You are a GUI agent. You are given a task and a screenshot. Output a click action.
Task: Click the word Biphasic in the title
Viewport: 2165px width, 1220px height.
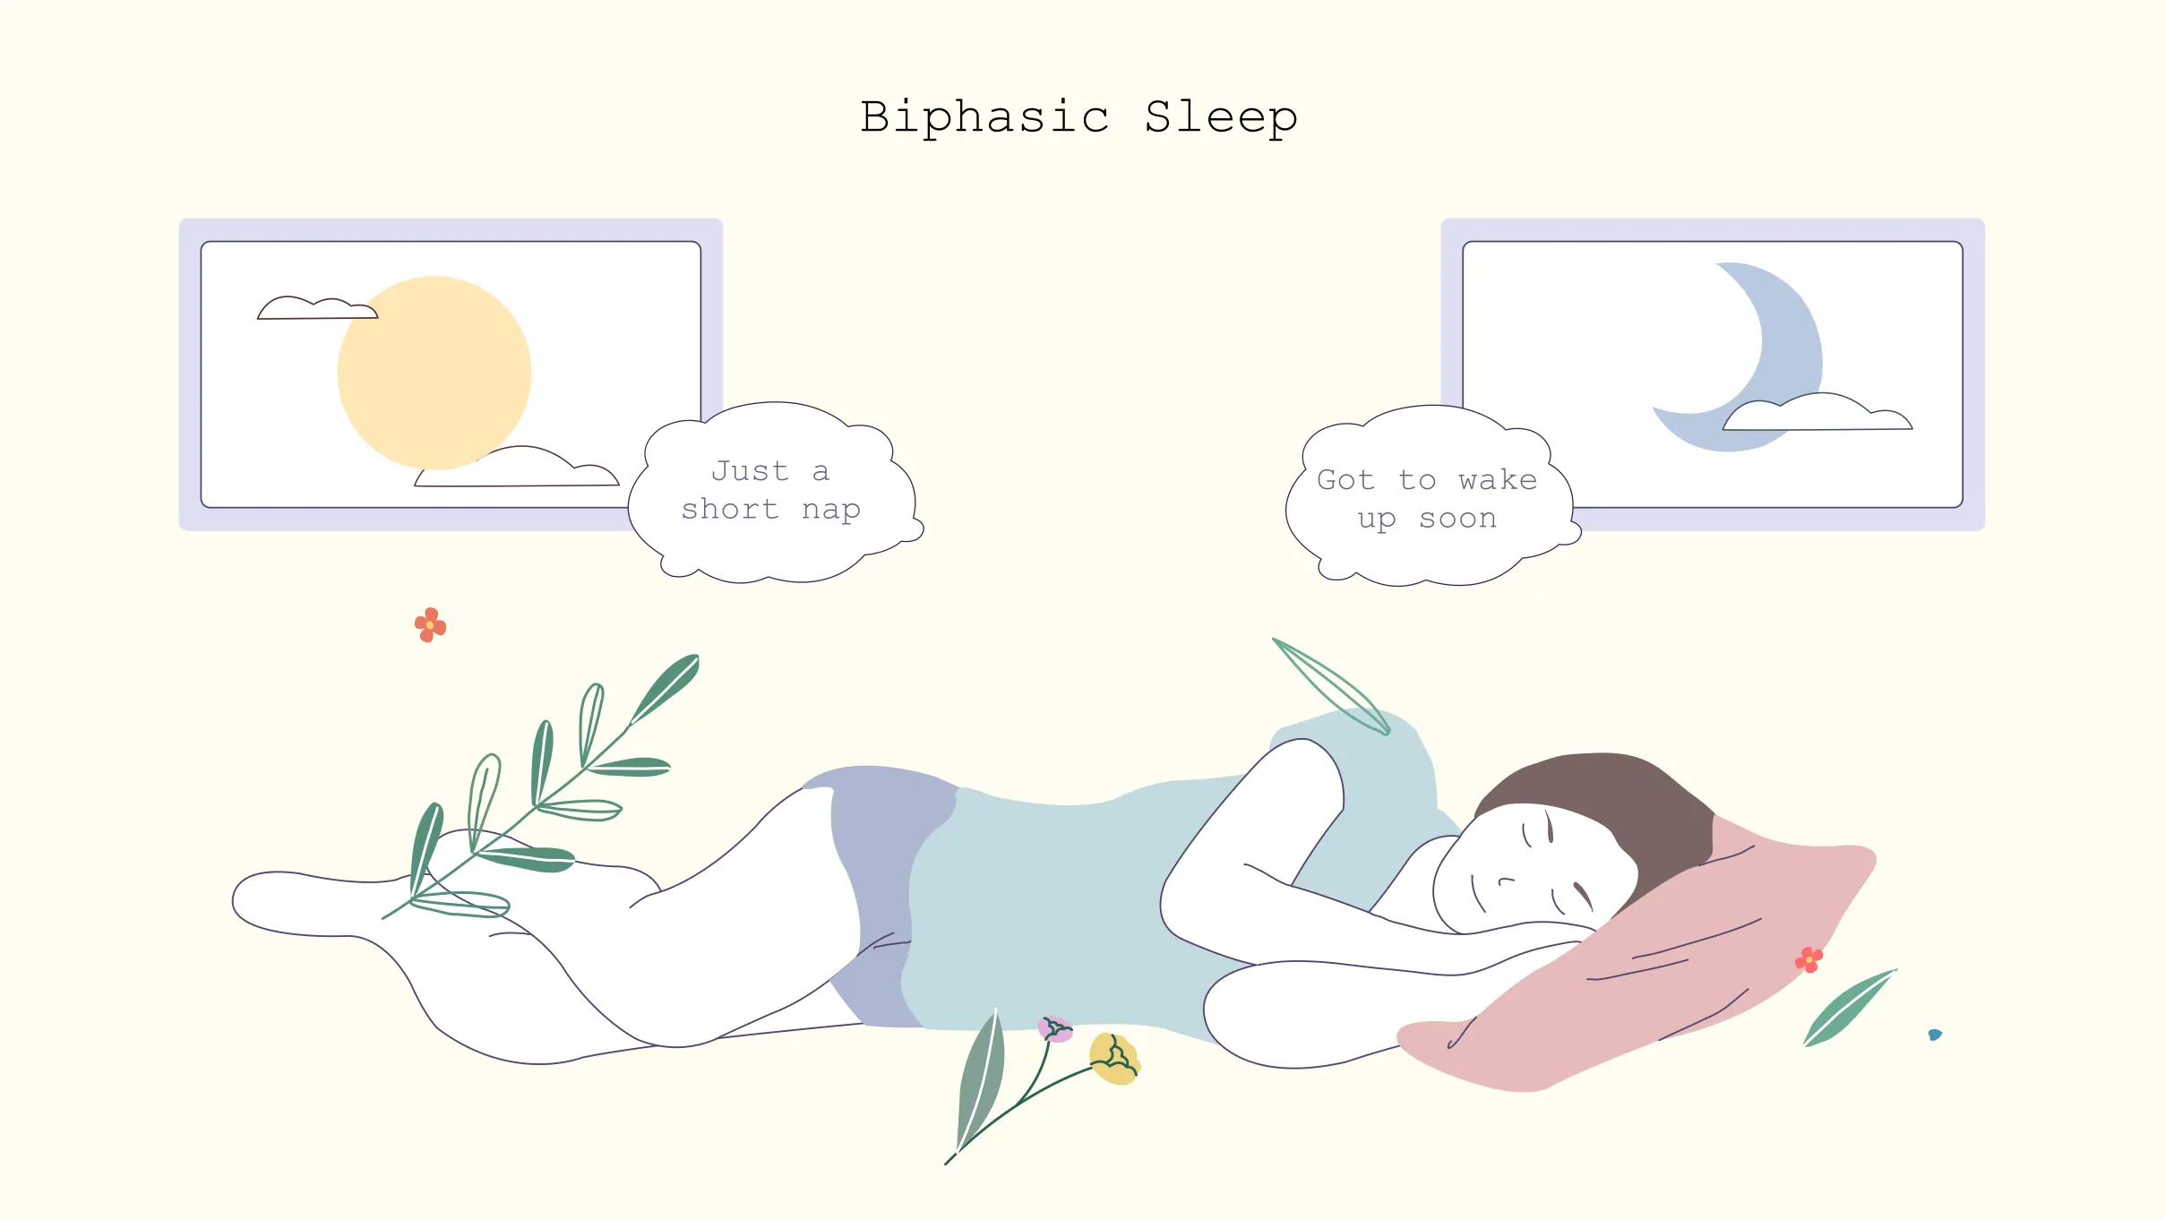tap(984, 118)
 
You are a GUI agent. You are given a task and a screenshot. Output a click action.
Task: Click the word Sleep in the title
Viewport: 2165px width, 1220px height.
tap(1221, 118)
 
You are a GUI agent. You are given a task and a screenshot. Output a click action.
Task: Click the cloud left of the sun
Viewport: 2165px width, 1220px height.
tap(316, 308)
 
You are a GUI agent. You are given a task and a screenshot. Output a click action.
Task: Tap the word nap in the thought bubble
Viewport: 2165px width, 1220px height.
tap(830, 510)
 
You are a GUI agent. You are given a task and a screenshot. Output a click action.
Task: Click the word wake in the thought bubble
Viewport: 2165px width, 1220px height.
tap(1497, 480)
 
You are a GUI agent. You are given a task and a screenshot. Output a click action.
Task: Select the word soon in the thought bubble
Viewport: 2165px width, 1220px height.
tap(1457, 519)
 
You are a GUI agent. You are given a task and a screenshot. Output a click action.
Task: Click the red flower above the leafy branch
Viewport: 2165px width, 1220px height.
tap(430, 624)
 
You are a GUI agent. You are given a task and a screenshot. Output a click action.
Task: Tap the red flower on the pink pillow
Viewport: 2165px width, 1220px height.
tap(1808, 959)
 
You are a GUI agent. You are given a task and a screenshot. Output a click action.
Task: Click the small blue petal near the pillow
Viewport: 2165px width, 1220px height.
tap(1935, 1035)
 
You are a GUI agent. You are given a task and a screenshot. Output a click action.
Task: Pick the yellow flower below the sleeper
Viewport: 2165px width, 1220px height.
tap(1113, 1059)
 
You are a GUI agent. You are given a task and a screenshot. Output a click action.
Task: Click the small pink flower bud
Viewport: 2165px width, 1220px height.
tap(1054, 1028)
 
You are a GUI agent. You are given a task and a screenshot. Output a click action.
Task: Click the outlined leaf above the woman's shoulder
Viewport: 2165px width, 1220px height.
tap(1332, 685)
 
